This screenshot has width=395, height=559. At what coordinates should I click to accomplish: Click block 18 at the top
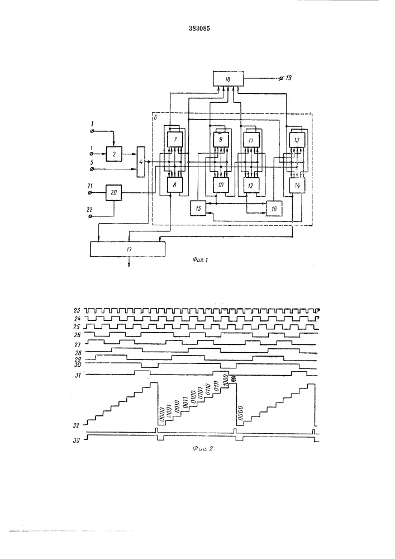227,80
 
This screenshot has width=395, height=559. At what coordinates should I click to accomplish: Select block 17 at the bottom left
128,247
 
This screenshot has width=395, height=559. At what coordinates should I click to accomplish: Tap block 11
250,138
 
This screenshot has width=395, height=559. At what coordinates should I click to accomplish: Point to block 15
198,208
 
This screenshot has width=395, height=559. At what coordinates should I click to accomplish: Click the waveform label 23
78,310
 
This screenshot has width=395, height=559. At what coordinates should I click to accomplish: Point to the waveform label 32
77,424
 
